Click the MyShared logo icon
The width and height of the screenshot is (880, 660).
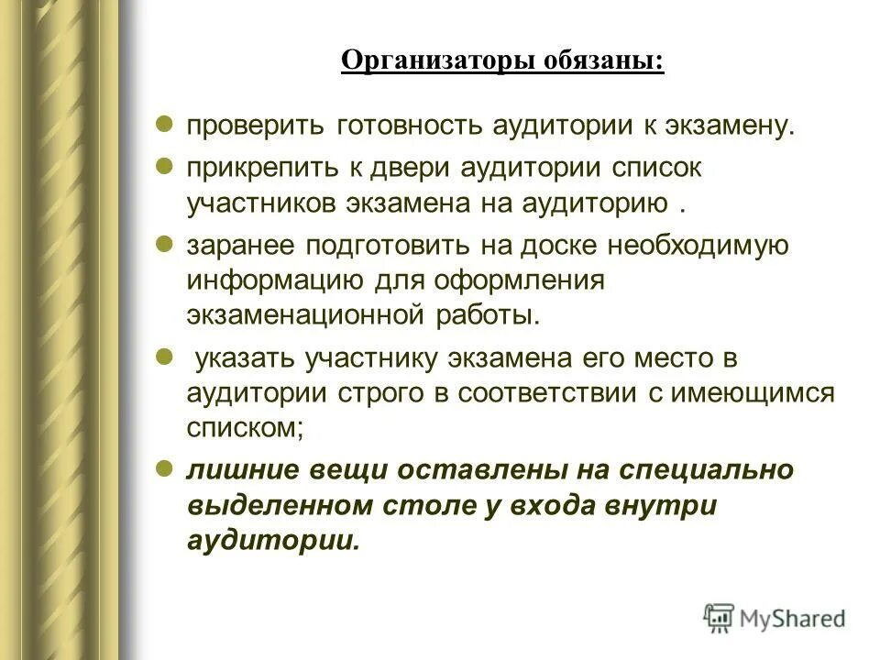pos(720,618)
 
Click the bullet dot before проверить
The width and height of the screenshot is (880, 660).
pos(163,125)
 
